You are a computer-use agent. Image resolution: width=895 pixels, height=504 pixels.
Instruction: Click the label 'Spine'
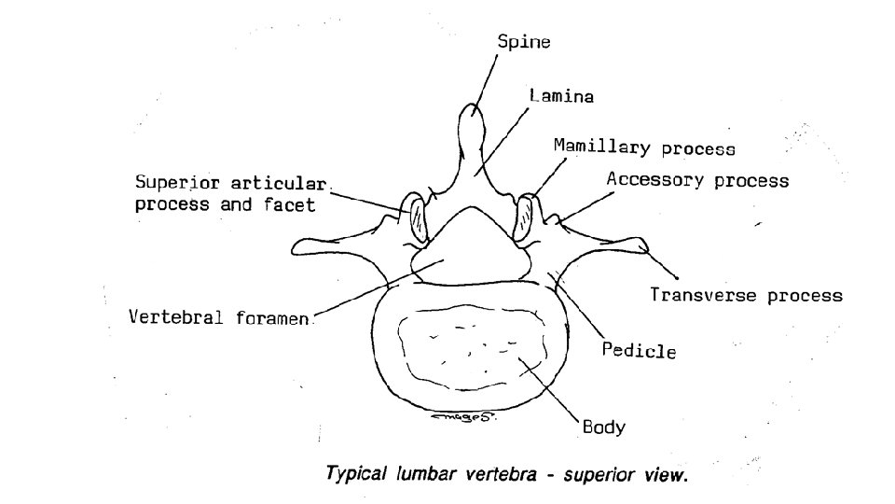[523, 42]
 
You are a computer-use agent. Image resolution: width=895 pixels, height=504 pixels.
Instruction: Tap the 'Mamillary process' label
[644, 147]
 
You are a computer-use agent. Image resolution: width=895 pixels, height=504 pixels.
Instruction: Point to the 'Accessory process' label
[697, 180]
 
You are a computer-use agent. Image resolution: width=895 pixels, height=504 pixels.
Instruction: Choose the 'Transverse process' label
[746, 296]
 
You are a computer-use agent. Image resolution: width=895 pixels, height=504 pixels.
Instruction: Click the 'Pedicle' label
[639, 352]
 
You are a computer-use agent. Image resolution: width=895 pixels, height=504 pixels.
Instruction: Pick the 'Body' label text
[603, 428]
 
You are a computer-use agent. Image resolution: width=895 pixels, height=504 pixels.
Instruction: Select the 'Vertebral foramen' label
[222, 316]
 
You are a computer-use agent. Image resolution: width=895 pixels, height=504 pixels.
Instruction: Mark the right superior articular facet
[528, 217]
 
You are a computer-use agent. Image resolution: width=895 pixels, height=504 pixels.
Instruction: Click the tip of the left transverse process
[297, 247]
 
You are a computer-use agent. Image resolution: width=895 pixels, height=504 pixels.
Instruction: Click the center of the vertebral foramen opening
[466, 245]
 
